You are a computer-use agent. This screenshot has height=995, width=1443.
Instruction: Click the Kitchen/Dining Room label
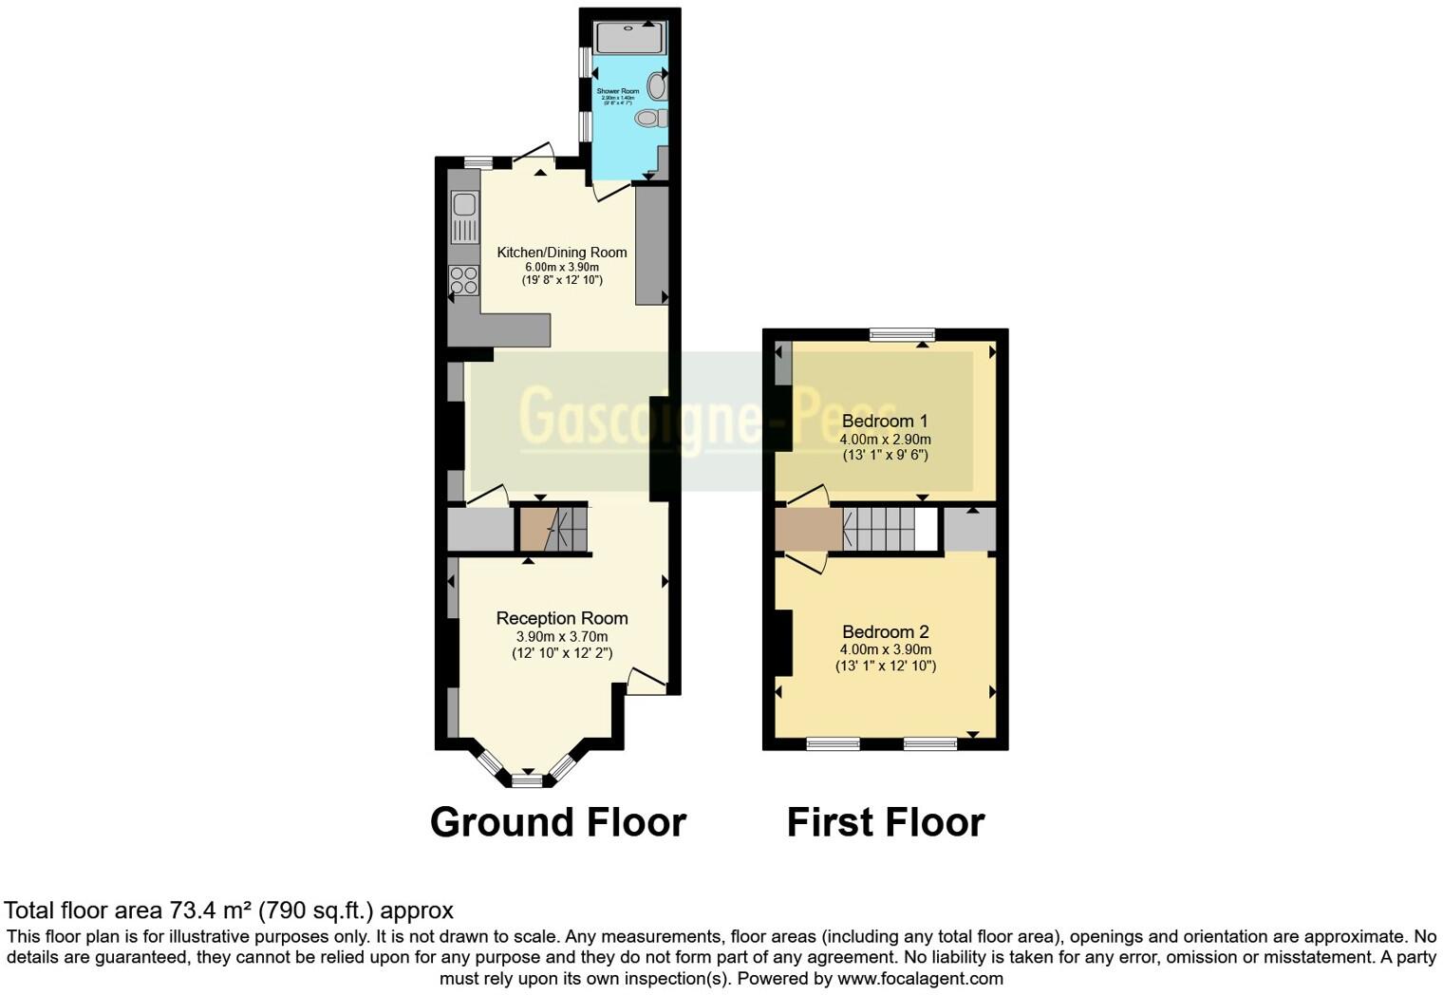click(x=562, y=253)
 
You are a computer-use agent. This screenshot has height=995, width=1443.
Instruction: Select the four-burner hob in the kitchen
click(x=464, y=280)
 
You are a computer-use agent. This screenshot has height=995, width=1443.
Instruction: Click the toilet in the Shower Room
click(x=650, y=119)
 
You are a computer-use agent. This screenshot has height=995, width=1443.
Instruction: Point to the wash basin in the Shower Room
click(x=656, y=86)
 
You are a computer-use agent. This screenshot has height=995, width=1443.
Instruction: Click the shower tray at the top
click(x=629, y=38)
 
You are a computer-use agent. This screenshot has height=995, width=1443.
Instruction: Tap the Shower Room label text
click(x=617, y=91)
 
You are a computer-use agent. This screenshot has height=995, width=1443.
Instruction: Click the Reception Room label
click(x=562, y=618)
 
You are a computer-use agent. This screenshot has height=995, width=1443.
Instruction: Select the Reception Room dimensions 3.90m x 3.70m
click(x=562, y=637)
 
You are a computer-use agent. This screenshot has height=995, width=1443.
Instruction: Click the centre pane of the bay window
click(x=529, y=780)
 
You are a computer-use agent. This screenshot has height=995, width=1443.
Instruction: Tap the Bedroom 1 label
click(x=885, y=421)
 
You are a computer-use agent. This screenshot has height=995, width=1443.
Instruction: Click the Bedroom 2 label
click(x=885, y=632)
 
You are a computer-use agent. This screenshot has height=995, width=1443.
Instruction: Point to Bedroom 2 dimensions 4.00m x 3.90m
click(x=885, y=650)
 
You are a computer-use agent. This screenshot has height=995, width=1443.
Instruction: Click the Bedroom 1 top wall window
click(x=902, y=334)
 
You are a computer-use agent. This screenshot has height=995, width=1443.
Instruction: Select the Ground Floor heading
click(x=558, y=822)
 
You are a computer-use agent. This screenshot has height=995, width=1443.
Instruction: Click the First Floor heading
click(x=886, y=822)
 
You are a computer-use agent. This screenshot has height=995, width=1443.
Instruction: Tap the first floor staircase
click(x=878, y=529)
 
